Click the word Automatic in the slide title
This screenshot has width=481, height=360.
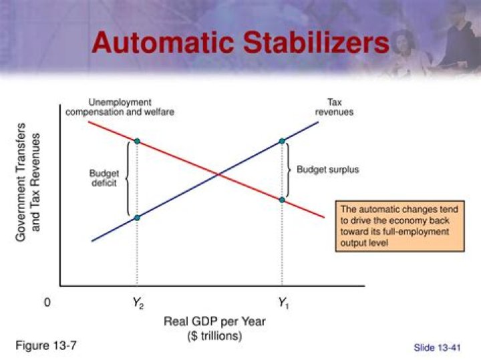click(x=162, y=42)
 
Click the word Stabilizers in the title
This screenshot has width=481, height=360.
click(x=317, y=42)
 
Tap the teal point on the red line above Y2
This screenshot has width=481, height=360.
click(x=137, y=141)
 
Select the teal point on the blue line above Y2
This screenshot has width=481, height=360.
click(x=137, y=218)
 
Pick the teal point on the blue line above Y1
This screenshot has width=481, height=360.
click(x=282, y=141)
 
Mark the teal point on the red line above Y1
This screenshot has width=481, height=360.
click(x=282, y=200)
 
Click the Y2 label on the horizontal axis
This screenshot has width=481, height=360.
click(x=138, y=303)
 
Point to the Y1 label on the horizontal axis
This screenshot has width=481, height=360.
click(x=283, y=303)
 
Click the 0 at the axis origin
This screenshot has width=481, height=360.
click(x=47, y=303)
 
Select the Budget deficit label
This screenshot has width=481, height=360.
click(x=104, y=178)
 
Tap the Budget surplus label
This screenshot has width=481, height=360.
click(x=327, y=170)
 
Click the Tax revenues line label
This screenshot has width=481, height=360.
click(x=335, y=107)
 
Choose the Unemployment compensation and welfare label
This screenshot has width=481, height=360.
click(x=120, y=107)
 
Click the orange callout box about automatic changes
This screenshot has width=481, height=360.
click(x=399, y=226)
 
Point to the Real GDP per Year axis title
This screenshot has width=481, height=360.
click(x=214, y=321)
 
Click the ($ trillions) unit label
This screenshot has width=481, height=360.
click(x=214, y=336)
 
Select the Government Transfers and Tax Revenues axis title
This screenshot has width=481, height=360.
click(x=27, y=182)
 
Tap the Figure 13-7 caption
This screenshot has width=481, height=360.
click(x=45, y=345)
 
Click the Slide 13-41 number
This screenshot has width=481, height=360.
click(x=437, y=348)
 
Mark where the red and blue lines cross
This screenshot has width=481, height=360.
click(x=218, y=175)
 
